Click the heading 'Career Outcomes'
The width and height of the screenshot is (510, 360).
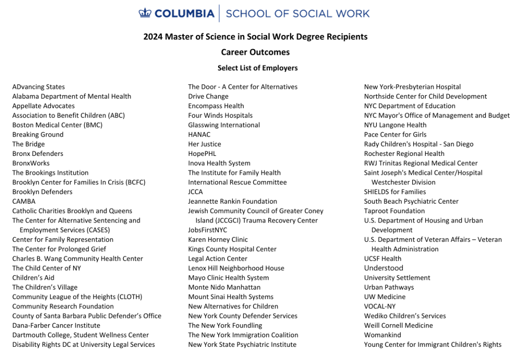(255, 52)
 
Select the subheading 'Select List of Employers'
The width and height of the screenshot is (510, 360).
(257, 68)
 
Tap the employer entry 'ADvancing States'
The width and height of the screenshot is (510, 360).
(39, 87)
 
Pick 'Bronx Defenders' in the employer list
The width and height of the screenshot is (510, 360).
(38, 154)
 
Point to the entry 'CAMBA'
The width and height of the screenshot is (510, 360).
(24, 201)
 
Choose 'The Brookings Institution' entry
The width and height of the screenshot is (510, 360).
(51, 173)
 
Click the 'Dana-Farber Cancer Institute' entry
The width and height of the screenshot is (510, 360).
(56, 326)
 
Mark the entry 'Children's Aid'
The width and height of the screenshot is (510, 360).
(34, 278)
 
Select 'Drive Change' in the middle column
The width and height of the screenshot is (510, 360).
(208, 96)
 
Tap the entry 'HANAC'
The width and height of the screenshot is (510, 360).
(199, 135)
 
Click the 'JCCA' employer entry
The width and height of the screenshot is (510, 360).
(195, 192)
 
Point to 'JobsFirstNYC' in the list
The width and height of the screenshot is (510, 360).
(207, 230)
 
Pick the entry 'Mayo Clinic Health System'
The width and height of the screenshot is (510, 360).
(229, 278)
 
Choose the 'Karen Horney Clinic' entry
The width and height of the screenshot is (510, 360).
(218, 240)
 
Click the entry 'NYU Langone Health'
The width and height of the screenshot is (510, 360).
(395, 125)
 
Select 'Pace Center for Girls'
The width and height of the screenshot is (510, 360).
(395, 135)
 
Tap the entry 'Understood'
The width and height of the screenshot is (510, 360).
(383, 268)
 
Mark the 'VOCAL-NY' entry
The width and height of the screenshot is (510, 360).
(380, 306)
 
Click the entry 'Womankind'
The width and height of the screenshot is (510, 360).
(382, 335)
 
